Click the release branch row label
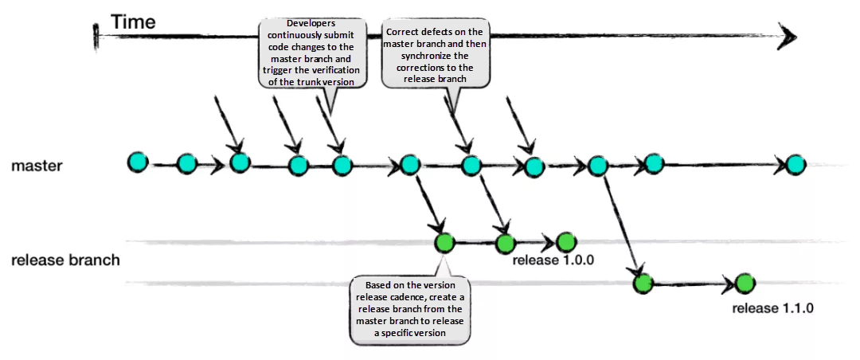[65, 260]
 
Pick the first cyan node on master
[138, 162]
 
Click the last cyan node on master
[795, 165]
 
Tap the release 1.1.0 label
[773, 308]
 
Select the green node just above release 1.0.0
[565, 241]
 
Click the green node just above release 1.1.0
[745, 283]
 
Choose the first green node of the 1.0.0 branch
[444, 243]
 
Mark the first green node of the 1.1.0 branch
[643, 283]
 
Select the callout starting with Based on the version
[410, 309]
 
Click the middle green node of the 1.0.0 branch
[505, 243]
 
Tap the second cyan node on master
[186, 164]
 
